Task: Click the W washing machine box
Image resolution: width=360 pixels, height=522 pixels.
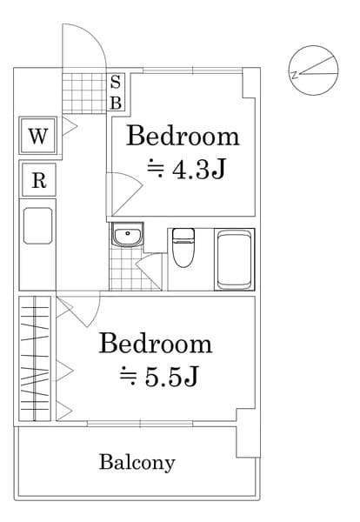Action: pos(37,136)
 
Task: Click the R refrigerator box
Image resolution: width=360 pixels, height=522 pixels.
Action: pos(38,181)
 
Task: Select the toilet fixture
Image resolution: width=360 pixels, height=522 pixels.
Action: pos(183,248)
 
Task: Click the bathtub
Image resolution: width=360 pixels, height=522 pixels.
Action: pos(234,258)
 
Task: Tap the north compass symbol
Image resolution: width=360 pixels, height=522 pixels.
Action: pos(314,70)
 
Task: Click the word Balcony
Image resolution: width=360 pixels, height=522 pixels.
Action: pos(137,462)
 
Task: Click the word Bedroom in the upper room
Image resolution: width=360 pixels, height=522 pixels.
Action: pos(183,136)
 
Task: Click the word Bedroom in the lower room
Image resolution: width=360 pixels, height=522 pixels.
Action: pos(156,343)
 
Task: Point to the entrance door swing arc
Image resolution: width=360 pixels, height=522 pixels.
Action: pos(86,43)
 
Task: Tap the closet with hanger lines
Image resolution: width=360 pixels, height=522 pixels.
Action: pos(37,359)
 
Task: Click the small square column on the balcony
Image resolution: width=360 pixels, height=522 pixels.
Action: pos(248,441)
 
